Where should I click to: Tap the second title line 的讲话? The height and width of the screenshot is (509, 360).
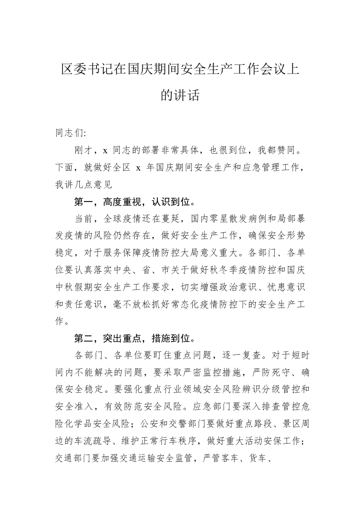click(x=180, y=95)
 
